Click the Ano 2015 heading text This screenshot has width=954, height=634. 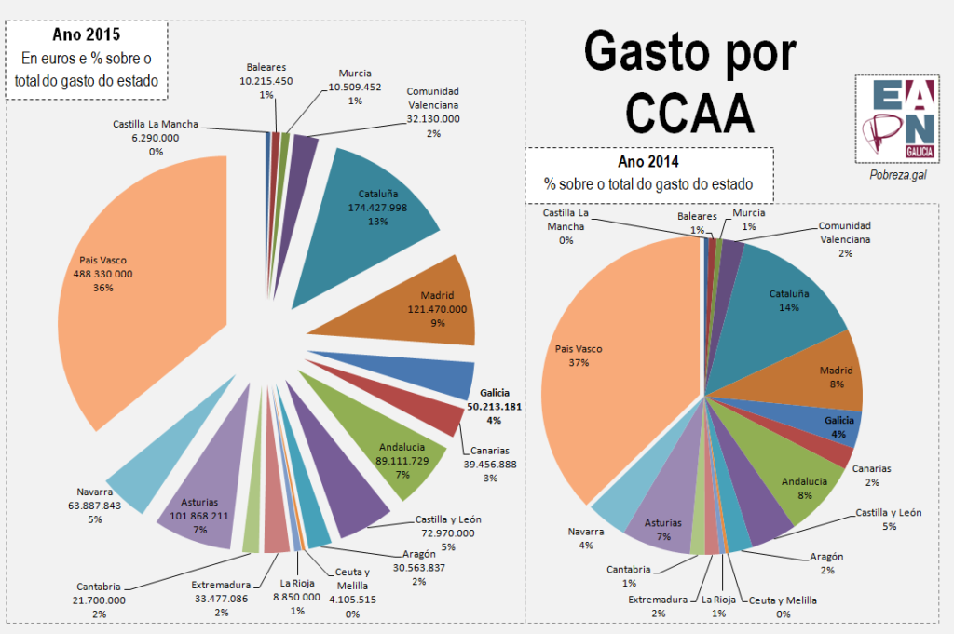point(87,37)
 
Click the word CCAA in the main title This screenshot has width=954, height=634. point(688,113)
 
